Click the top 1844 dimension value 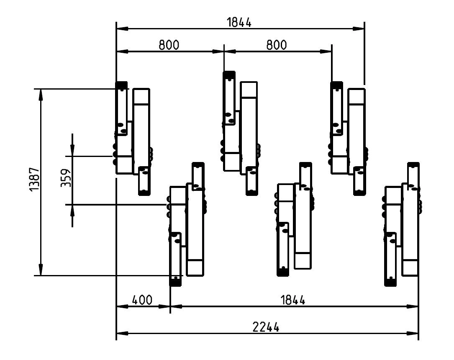click(x=239, y=23)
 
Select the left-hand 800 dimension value click(x=169, y=45)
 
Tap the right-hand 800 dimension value click(x=277, y=45)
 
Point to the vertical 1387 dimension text click(x=34, y=180)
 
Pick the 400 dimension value click(x=142, y=300)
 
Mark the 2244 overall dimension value click(x=267, y=327)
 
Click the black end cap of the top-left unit click(x=121, y=85)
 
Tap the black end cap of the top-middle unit click(x=229, y=75)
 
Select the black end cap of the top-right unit click(x=336, y=85)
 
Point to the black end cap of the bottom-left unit click(x=175, y=282)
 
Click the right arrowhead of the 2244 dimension click(x=413, y=334)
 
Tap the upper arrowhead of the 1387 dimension click(x=41, y=94)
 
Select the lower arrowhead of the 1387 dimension click(x=41, y=270)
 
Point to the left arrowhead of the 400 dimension click(x=121, y=306)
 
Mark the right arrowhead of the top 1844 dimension click(x=359, y=29)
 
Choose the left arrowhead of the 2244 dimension click(x=121, y=334)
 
